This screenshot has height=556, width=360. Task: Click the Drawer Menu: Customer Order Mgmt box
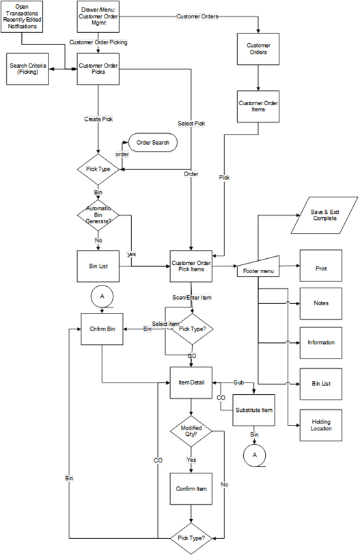(x=98, y=16)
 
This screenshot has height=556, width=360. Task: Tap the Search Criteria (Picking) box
(x=28, y=69)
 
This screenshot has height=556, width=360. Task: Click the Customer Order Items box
(x=258, y=106)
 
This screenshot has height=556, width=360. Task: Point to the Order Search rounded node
(x=153, y=143)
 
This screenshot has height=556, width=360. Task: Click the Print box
(x=320, y=269)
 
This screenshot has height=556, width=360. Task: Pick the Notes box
(x=320, y=303)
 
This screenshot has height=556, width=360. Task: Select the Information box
(x=320, y=343)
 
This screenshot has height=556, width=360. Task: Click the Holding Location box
(x=320, y=425)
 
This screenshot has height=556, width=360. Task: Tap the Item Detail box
(x=191, y=383)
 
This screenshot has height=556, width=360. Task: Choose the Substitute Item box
(x=254, y=410)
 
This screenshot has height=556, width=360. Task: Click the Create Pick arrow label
(x=98, y=119)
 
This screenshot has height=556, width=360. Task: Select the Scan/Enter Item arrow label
(x=191, y=298)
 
